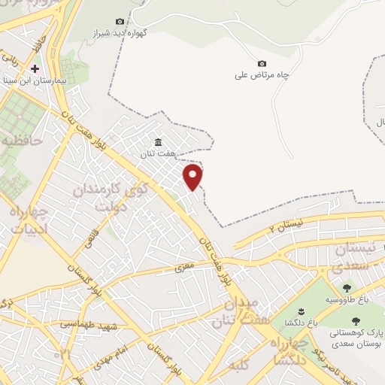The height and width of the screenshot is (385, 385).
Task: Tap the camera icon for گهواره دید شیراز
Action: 120,22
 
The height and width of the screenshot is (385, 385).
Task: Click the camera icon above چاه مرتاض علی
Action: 262,64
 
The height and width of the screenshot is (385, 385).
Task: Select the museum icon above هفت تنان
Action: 158,143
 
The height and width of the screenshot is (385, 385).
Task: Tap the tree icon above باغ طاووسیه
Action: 347,287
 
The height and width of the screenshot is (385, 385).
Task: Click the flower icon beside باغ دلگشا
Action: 299,312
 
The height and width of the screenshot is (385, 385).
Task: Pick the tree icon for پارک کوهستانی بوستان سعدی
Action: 356,321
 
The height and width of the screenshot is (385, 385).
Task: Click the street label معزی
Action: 183,266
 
